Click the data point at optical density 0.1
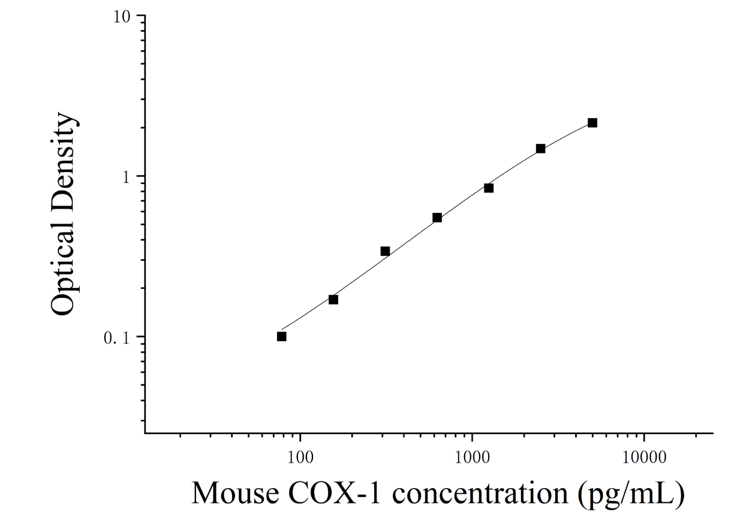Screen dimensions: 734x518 [x=281, y=336]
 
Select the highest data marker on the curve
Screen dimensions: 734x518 [x=592, y=123]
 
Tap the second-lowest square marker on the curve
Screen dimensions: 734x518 [x=333, y=299]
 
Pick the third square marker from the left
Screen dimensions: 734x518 [x=385, y=251]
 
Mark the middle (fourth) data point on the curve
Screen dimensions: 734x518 [x=437, y=218]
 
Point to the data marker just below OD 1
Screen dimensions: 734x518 [x=489, y=188]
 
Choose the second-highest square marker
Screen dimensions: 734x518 [x=540, y=149]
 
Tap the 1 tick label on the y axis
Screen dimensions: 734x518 [x=127, y=177]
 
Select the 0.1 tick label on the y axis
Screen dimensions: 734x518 [x=118, y=339]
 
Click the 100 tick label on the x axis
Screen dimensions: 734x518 [x=300, y=458]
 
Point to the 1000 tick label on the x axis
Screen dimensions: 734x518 [x=472, y=458]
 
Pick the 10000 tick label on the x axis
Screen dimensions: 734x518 [x=644, y=458]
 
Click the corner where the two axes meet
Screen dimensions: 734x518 [x=145, y=433]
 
